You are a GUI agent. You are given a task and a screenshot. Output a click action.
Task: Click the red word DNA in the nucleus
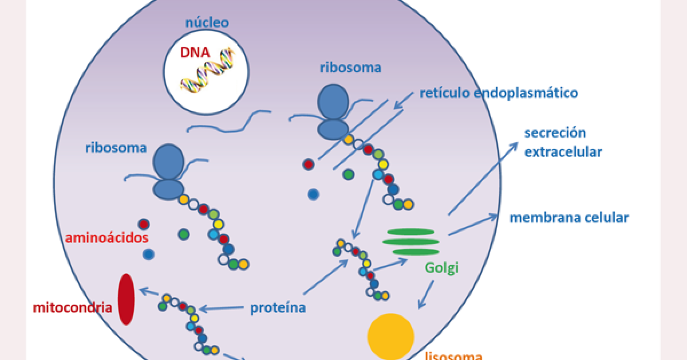click(195, 53)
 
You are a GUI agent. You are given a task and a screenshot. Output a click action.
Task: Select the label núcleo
click(207, 23)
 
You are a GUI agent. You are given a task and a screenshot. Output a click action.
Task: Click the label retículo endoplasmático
click(499, 92)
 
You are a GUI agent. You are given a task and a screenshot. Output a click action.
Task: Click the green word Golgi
click(441, 267)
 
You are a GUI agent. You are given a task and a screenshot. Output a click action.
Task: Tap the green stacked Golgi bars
click(410, 241)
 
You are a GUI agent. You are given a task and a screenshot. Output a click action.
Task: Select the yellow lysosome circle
click(391, 336)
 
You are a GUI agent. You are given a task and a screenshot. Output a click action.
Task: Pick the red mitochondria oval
click(126, 299)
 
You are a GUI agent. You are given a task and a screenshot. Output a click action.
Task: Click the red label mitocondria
click(72, 307)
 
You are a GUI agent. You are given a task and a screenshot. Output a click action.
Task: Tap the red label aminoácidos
click(106, 237)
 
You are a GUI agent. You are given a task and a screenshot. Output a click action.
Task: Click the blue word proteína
click(278, 308)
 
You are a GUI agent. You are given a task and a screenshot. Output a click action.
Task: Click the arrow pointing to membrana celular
click(473, 225)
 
